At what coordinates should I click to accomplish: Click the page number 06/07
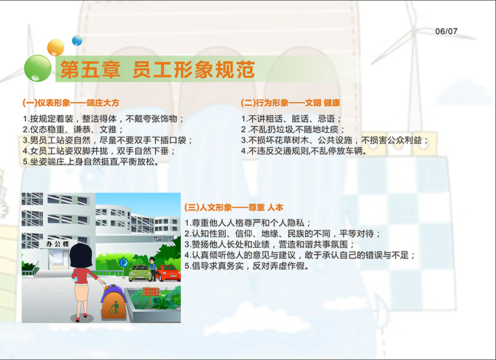[x=446, y=31]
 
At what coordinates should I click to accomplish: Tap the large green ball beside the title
[x=38, y=68]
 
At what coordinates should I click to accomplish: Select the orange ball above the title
[x=56, y=48]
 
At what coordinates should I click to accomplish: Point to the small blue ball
[x=77, y=41]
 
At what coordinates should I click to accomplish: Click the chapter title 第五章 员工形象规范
[x=158, y=70]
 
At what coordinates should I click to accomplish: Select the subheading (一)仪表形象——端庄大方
[x=71, y=103]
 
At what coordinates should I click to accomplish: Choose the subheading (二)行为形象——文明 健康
[x=291, y=103]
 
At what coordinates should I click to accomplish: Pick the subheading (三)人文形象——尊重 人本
[x=234, y=207]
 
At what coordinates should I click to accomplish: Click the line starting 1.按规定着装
[x=103, y=119]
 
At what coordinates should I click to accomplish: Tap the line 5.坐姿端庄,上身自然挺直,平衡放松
[x=91, y=162]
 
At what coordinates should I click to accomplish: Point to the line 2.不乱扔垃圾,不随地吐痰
[x=293, y=130]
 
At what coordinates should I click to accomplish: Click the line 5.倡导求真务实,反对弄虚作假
[x=247, y=266]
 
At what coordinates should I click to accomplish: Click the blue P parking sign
[x=123, y=263]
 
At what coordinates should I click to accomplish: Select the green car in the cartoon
[x=139, y=273]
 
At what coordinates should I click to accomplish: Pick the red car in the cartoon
[x=169, y=273]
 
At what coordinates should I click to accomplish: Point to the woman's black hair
[x=81, y=256]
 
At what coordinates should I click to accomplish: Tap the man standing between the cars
[x=153, y=269]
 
